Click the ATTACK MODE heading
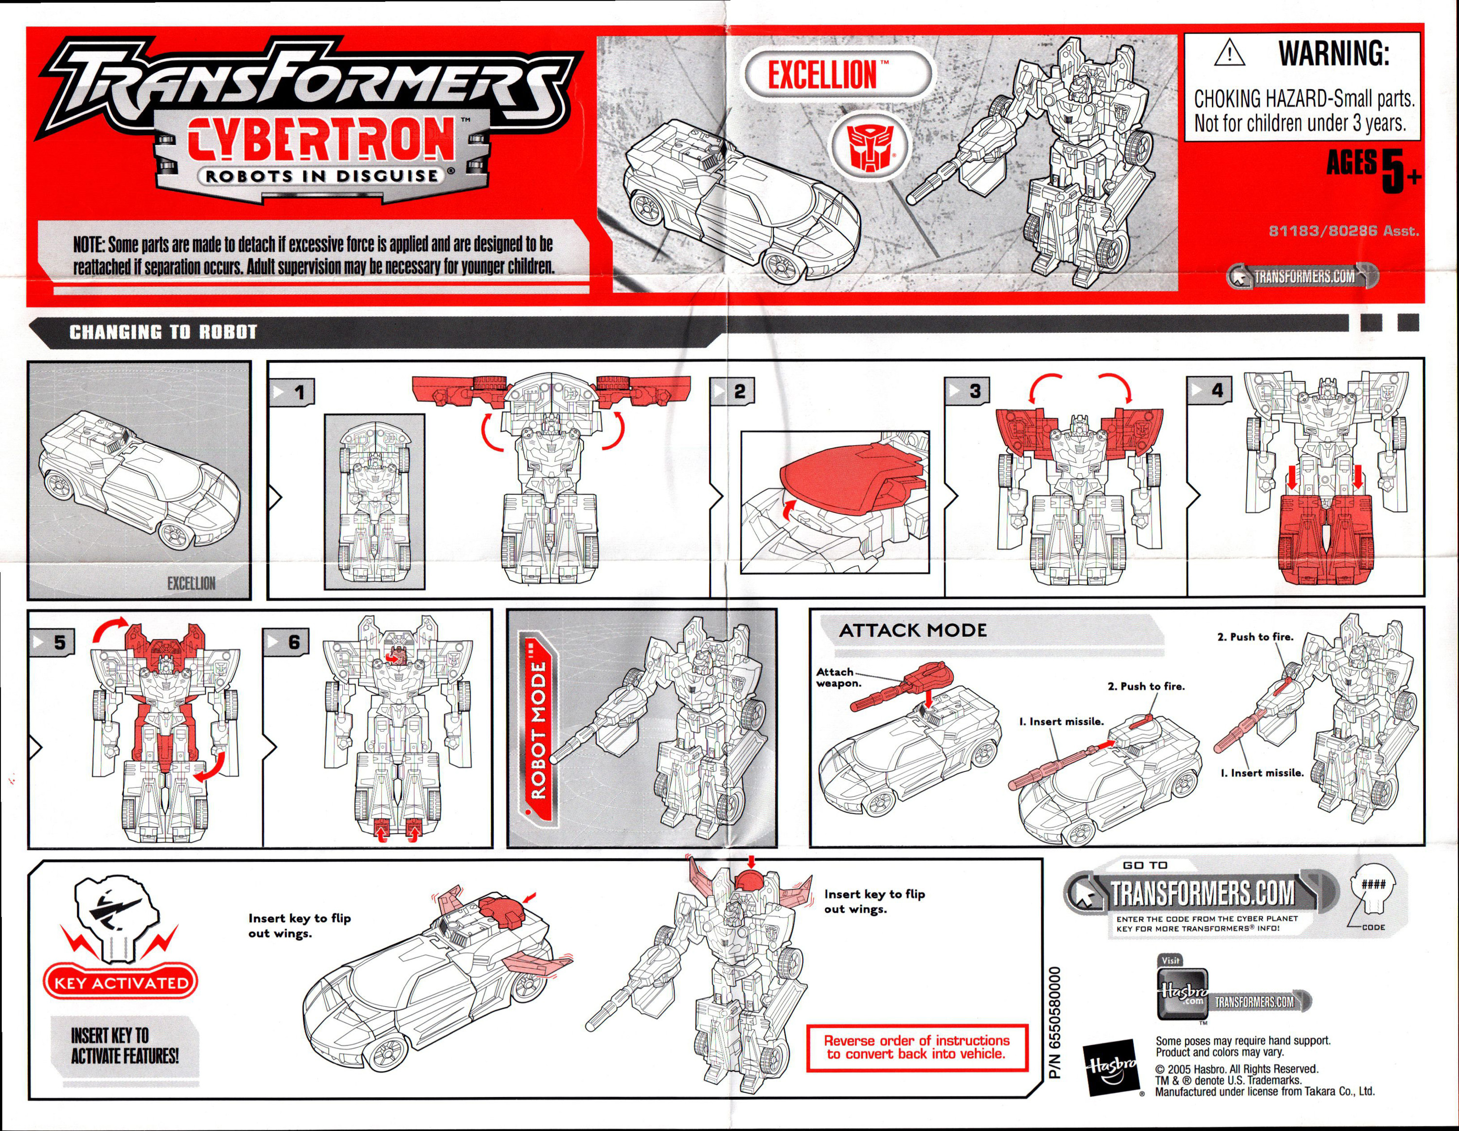pyautogui.click(x=912, y=630)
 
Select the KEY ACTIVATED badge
pyautogui.click(x=121, y=983)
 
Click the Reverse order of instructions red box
pyautogui.click(x=917, y=1047)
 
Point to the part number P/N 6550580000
pyautogui.click(x=1055, y=1022)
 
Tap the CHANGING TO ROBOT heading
pyautogui.click(x=163, y=332)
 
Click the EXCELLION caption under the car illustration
pyautogui.click(x=191, y=583)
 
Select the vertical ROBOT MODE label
pyautogui.click(x=538, y=728)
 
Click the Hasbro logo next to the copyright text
pyautogui.click(x=1112, y=1066)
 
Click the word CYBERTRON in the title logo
pyautogui.click(x=320, y=140)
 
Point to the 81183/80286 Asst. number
pyautogui.click(x=1343, y=231)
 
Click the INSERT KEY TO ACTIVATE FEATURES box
pyautogui.click(x=125, y=1045)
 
